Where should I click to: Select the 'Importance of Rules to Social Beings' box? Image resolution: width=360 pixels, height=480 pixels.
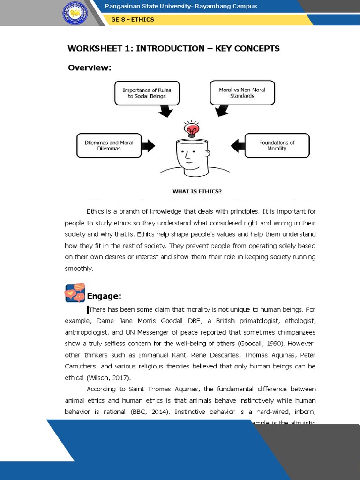tap(147, 93)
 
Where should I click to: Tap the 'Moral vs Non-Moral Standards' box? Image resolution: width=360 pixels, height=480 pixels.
tap(242, 92)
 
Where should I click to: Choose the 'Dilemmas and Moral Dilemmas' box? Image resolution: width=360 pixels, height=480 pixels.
tap(109, 145)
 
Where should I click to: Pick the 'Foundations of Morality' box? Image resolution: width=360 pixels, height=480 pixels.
tap(277, 145)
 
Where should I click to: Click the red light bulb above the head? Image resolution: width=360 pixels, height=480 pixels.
tap(192, 128)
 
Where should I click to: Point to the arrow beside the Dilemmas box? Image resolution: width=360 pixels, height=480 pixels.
tap(148, 145)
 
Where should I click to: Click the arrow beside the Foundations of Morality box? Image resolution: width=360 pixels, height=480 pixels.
tap(238, 145)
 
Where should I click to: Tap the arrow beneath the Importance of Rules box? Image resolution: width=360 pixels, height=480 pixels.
tap(165, 111)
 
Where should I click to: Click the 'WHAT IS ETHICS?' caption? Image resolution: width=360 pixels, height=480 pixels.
tap(197, 191)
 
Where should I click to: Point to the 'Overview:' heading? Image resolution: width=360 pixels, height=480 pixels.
tap(90, 68)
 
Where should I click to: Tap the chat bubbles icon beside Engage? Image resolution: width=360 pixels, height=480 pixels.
tap(75, 293)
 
